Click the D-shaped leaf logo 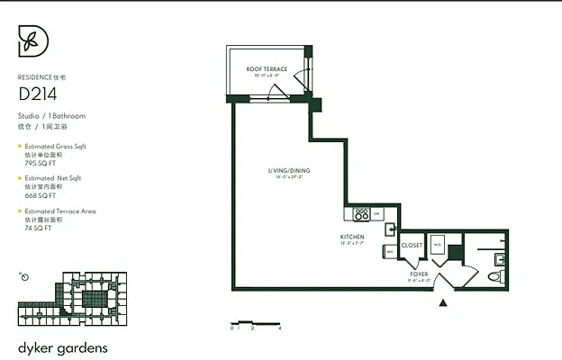(x=33, y=41)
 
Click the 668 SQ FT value (x=38, y=196)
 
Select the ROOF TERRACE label (x=267, y=69)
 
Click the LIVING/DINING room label (x=289, y=170)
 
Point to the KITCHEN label (x=352, y=237)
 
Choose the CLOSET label (x=412, y=245)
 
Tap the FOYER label (x=419, y=273)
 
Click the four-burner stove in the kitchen (x=361, y=214)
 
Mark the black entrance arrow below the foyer (x=441, y=304)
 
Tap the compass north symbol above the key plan (x=24, y=276)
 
